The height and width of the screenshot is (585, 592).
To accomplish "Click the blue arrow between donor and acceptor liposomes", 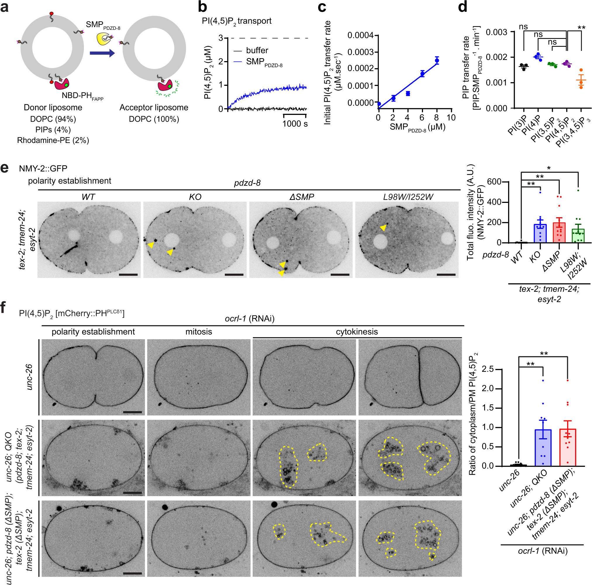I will (x=102, y=53).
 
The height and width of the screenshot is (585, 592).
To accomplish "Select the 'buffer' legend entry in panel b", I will (x=257, y=50).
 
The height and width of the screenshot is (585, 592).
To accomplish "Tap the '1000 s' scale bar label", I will (x=295, y=124).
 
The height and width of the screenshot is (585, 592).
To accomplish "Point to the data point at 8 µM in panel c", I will (x=437, y=60).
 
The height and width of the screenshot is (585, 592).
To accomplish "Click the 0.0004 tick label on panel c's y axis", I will (x=360, y=35).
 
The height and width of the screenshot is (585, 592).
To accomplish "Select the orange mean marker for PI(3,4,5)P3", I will (x=581, y=80).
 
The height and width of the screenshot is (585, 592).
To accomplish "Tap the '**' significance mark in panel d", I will (x=581, y=28).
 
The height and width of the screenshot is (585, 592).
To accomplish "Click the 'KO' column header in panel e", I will (x=195, y=197).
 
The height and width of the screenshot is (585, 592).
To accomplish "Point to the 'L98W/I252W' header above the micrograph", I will (x=408, y=197).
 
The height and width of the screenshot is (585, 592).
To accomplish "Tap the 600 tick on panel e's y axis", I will (x=494, y=182).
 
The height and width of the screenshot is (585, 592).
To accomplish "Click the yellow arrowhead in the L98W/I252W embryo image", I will (x=383, y=228).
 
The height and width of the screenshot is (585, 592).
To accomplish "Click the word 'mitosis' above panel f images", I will (x=199, y=332).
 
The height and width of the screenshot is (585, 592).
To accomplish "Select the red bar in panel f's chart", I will (x=567, y=447).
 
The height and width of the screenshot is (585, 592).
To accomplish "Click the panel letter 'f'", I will (x=4, y=307).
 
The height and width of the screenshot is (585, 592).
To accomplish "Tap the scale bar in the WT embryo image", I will (x=128, y=275).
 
